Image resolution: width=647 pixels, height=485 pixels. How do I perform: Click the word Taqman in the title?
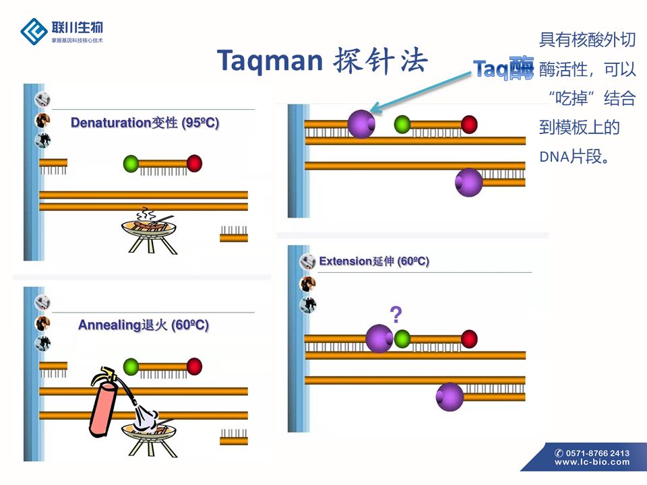[x=270, y=61]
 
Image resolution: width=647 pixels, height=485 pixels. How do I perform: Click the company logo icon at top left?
[x=33, y=30]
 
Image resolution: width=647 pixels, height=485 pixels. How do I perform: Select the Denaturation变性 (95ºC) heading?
[x=145, y=123]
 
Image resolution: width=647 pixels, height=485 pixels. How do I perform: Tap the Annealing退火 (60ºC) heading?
[x=144, y=325]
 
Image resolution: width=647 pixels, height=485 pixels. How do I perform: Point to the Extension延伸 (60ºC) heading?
[x=374, y=261]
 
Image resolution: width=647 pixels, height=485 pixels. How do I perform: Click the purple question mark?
[x=396, y=313]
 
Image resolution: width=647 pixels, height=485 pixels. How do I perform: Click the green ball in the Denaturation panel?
[x=131, y=163]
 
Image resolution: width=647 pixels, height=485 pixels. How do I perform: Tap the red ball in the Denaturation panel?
[x=194, y=163]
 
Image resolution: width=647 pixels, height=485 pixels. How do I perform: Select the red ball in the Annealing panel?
[x=194, y=366]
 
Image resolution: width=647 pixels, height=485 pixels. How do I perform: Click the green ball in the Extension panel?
[x=402, y=338]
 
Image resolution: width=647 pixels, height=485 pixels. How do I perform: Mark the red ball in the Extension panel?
[x=469, y=339]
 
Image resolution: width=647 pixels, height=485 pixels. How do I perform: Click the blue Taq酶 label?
[x=503, y=68]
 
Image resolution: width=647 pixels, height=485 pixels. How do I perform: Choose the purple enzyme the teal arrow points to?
[x=361, y=124]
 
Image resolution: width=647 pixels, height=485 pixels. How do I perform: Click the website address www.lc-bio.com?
[x=592, y=462]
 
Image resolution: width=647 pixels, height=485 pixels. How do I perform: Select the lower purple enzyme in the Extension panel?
[x=450, y=397]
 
